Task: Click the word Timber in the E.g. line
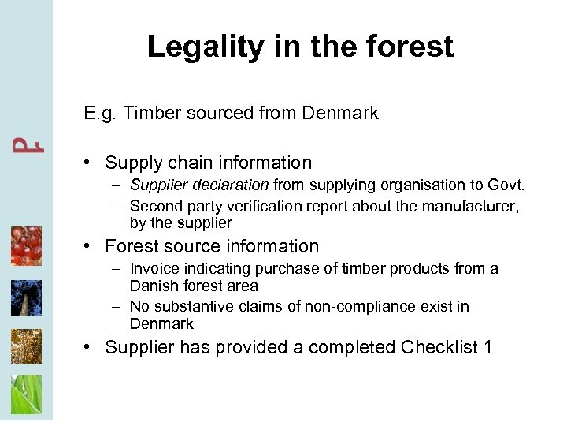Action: click(149, 114)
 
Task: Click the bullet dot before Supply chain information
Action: click(91, 163)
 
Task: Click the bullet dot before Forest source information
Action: click(91, 247)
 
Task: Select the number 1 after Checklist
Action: click(487, 348)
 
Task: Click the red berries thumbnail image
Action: click(26, 246)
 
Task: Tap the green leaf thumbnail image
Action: click(26, 394)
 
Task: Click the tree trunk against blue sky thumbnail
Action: click(26, 297)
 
